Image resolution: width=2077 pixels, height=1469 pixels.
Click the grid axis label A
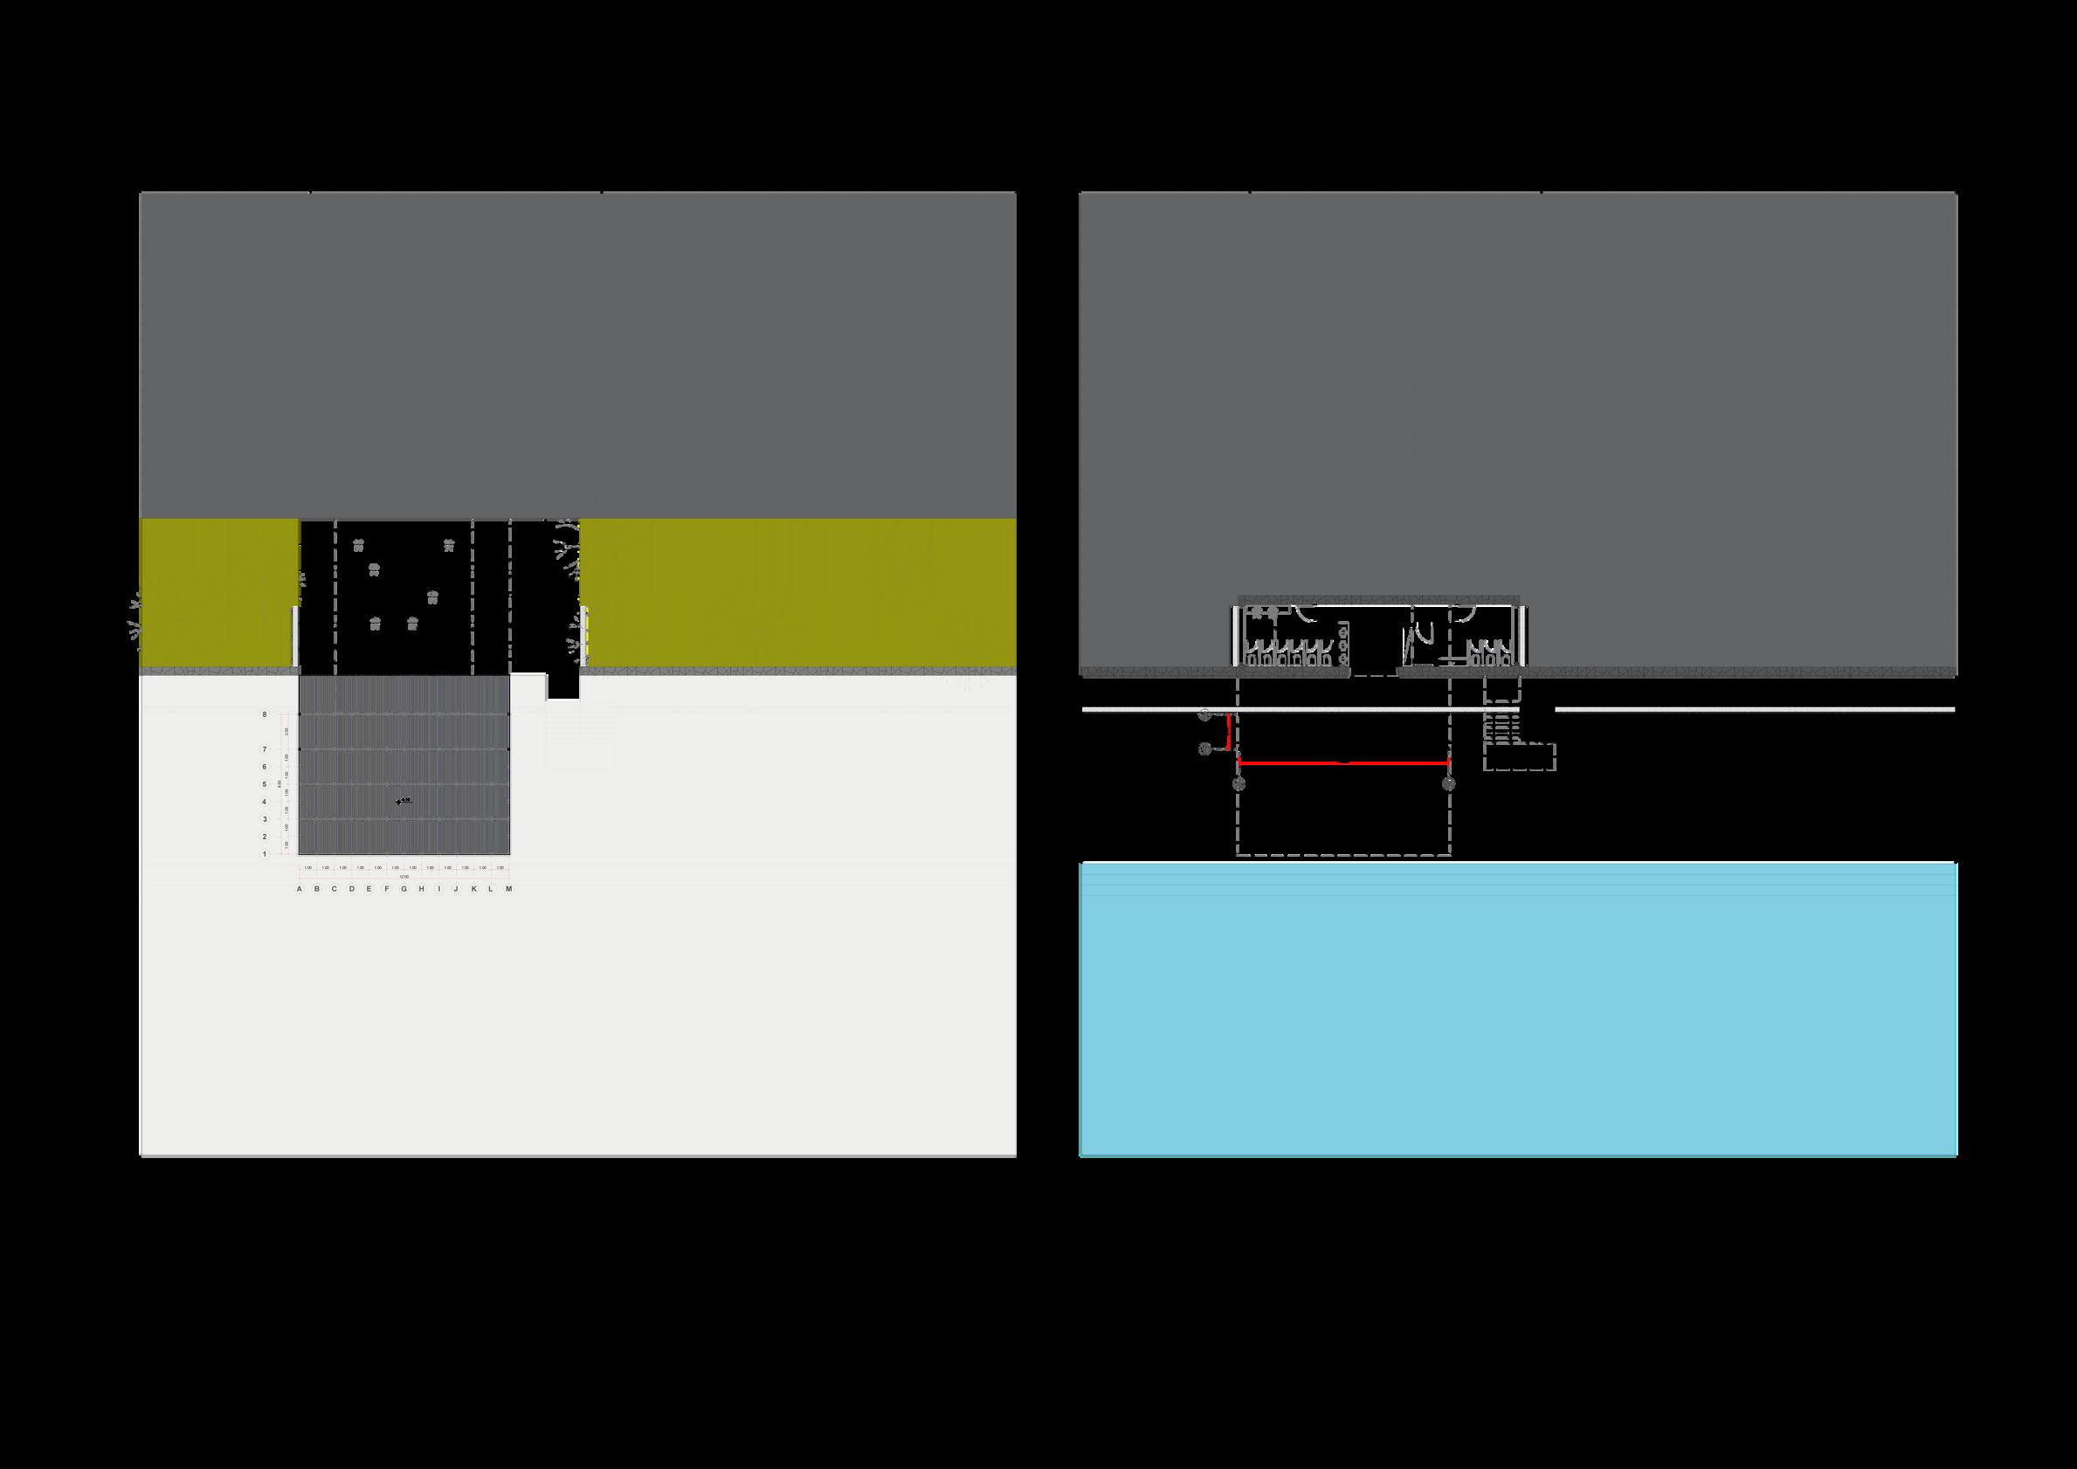click(x=300, y=889)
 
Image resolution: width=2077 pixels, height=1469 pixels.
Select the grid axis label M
click(x=509, y=889)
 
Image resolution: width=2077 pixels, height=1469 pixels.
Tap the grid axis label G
click(x=404, y=889)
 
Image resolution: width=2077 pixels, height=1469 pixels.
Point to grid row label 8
click(x=265, y=714)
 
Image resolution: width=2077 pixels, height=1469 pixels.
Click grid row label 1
click(x=265, y=854)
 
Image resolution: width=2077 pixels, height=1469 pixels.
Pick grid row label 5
click(x=265, y=784)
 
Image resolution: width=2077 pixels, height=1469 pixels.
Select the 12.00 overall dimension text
click(x=404, y=877)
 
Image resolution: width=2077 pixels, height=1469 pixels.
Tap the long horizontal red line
click(x=1343, y=763)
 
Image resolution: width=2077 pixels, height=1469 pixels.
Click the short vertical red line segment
click(x=1227, y=731)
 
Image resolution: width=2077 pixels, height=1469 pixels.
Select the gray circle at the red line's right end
click(x=1449, y=783)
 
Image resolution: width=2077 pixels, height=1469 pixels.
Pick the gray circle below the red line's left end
click(x=1239, y=783)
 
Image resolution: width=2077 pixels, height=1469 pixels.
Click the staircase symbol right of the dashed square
click(x=1501, y=724)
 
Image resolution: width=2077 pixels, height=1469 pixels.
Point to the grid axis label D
click(x=352, y=889)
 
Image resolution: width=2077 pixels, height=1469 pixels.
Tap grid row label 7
click(x=265, y=749)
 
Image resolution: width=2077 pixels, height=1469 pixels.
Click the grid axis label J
click(x=457, y=889)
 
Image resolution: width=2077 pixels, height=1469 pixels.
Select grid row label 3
click(x=265, y=819)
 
